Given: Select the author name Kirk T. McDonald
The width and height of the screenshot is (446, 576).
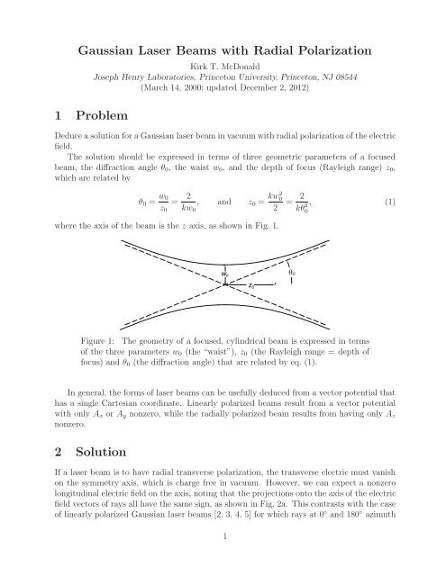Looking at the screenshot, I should coord(223,67).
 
